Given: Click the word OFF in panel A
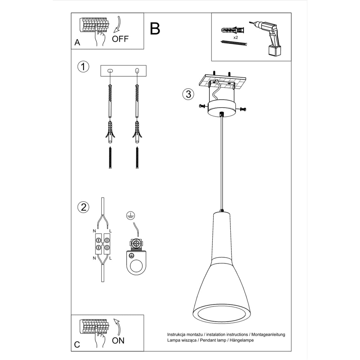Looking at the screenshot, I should coord(120,39).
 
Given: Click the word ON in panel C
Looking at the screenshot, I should coord(118,341).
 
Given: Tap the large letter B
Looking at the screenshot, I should coord(155,28).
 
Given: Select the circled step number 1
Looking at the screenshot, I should coord(83,66).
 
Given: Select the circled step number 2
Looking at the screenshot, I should coord(83,207).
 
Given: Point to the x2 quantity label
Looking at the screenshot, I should coord(235,38).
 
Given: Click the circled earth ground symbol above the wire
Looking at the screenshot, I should coord(130,215).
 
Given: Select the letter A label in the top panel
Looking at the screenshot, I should coord(77,43).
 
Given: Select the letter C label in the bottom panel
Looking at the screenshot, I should coord(77,344).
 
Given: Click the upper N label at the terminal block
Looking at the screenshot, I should coord(95,231).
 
